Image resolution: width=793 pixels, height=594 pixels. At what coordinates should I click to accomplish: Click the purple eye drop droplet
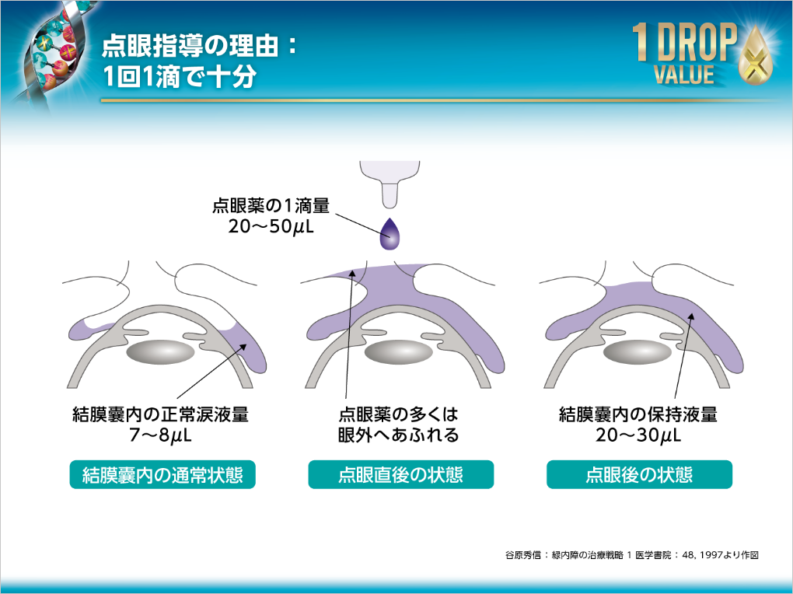tap(390, 234)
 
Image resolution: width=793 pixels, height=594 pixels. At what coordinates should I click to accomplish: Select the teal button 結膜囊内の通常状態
tap(162, 474)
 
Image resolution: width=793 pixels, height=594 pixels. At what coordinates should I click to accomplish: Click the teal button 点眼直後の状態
tap(400, 474)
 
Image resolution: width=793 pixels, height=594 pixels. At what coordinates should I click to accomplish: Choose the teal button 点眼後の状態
tap(639, 474)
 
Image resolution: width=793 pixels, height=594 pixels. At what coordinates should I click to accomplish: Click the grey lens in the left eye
tap(160, 352)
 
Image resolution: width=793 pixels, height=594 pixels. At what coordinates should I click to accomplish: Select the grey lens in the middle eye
tap(398, 352)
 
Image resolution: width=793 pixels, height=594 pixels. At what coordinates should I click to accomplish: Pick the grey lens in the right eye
tap(638, 352)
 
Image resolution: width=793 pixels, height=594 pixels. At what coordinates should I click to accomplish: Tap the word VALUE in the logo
tap(683, 74)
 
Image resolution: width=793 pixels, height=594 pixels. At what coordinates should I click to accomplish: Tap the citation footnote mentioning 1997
tap(631, 555)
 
